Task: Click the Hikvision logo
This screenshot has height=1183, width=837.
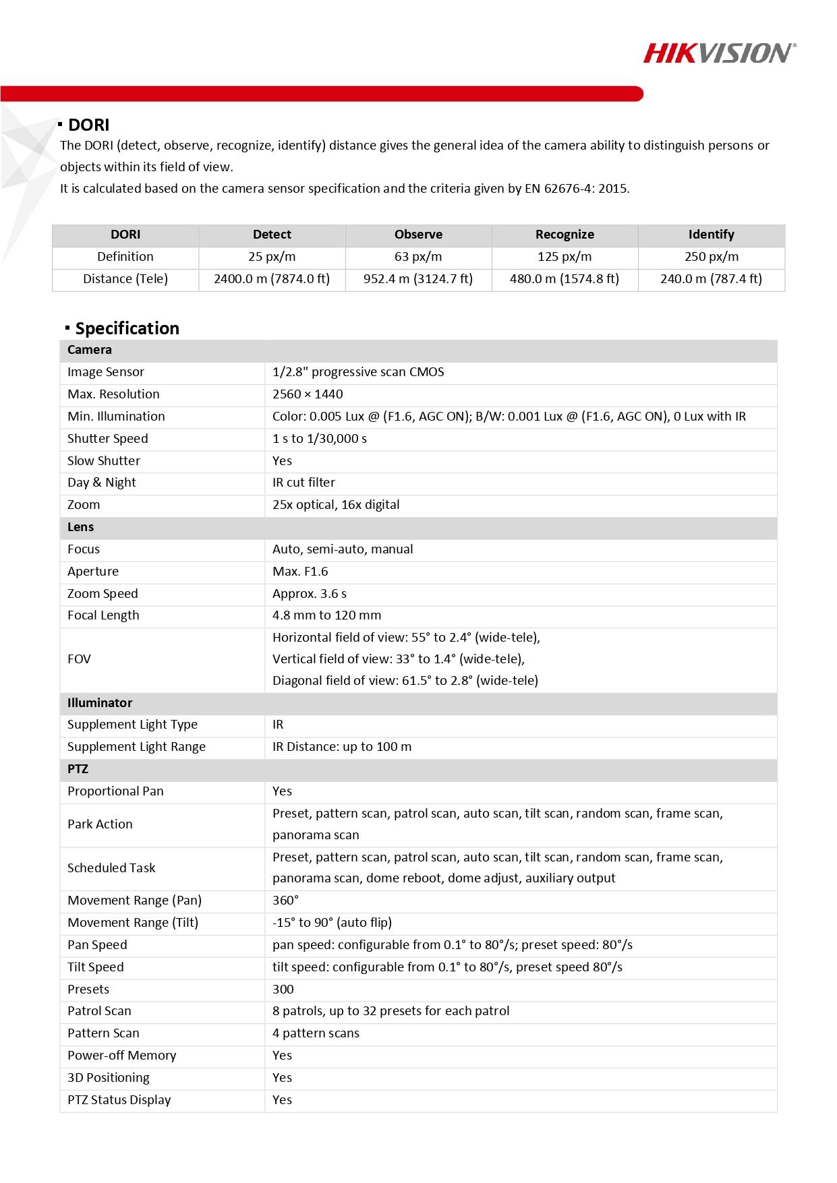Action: (719, 53)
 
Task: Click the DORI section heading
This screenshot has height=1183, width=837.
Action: (88, 125)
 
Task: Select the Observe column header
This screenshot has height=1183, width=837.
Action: (418, 235)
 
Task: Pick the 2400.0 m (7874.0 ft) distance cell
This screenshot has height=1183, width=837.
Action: (272, 279)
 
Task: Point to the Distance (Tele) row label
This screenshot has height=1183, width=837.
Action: (125, 279)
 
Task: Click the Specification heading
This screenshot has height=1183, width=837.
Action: (127, 328)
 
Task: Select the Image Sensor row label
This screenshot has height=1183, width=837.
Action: (106, 372)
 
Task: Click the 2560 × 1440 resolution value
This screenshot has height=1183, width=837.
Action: (308, 394)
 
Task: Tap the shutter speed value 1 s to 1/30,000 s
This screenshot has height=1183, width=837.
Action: (320, 439)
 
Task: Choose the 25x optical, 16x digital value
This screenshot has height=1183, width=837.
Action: (336, 505)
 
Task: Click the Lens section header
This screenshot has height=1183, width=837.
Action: (80, 527)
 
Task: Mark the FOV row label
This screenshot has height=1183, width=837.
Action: (79, 659)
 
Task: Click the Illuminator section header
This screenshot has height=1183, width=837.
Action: (100, 703)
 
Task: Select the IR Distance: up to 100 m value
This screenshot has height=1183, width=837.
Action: (342, 747)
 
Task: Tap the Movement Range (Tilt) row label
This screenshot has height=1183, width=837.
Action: (133, 923)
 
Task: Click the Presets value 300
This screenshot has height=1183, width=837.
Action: (283, 990)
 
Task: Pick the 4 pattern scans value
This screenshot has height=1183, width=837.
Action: (316, 1033)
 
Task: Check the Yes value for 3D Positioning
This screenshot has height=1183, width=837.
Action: (282, 1078)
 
